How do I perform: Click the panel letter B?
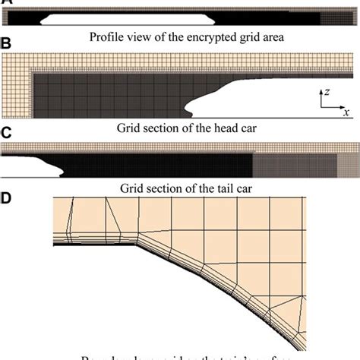coord(6,45)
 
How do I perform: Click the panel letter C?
coord(6,134)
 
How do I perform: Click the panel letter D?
coord(6,199)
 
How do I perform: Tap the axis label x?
coord(346,111)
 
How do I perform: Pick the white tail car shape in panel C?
coord(30,163)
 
